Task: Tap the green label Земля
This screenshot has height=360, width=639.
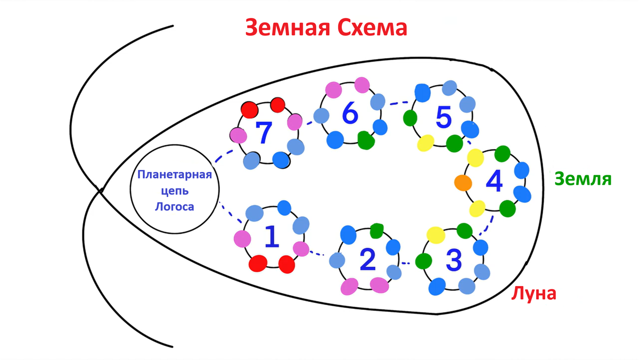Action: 583,179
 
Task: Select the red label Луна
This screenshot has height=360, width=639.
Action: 534,293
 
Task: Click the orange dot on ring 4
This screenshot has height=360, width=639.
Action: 463,183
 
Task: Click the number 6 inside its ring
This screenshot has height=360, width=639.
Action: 349,113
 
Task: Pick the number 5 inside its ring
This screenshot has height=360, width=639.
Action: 443,118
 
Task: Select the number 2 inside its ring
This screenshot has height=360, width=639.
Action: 367,260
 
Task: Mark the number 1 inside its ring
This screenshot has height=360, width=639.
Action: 272,237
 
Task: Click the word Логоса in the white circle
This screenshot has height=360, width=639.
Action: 174,207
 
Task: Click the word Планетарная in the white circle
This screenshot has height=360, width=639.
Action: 175,175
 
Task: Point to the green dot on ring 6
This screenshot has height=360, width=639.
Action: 366,140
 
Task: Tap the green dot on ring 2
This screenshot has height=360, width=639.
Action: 377,231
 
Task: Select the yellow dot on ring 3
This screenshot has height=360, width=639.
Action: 436,234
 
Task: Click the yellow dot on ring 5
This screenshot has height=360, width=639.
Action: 425,143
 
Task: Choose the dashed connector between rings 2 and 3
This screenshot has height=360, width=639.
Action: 407,263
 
